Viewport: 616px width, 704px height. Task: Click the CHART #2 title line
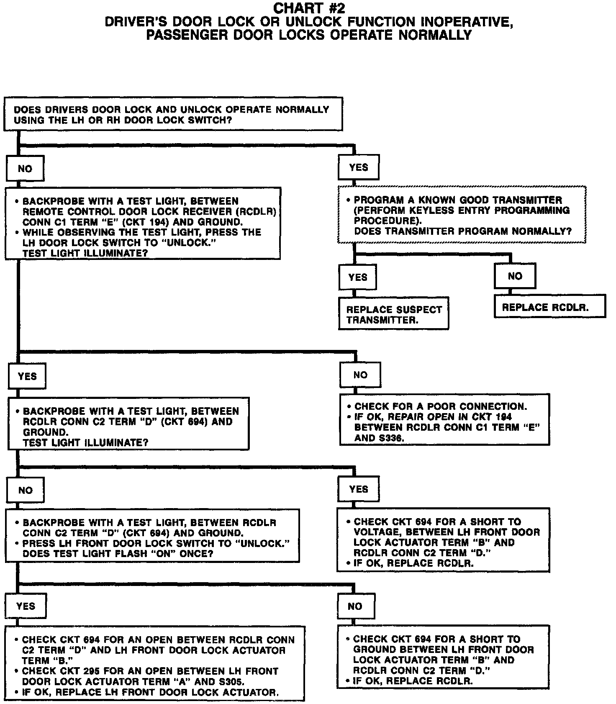click(x=309, y=8)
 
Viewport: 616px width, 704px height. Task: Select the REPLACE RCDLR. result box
click(x=550, y=307)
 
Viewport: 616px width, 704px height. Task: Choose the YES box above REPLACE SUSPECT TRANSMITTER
click(x=357, y=277)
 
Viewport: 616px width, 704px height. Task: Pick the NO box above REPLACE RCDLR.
click(x=515, y=276)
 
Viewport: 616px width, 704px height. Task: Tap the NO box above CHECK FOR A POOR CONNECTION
click(x=360, y=375)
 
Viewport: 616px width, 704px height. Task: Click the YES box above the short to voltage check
click(x=358, y=489)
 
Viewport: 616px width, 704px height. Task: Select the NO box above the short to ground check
click(x=355, y=606)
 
